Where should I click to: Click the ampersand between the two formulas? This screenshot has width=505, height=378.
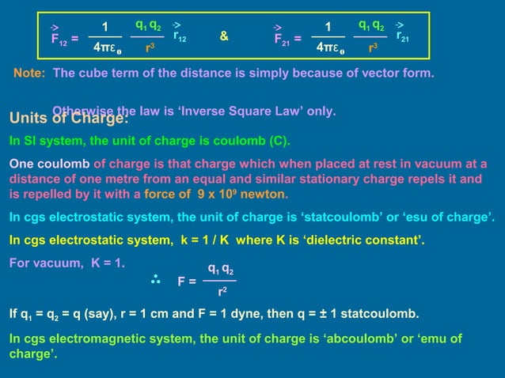(x=225, y=36)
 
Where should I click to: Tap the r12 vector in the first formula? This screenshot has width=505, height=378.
(x=180, y=35)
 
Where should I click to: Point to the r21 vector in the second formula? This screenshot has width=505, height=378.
(x=403, y=35)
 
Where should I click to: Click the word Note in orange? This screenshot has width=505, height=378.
(x=28, y=74)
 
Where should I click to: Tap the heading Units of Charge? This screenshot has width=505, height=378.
(x=68, y=119)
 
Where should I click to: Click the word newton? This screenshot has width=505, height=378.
(x=264, y=195)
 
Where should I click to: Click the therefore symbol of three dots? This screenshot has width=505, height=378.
(x=155, y=279)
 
